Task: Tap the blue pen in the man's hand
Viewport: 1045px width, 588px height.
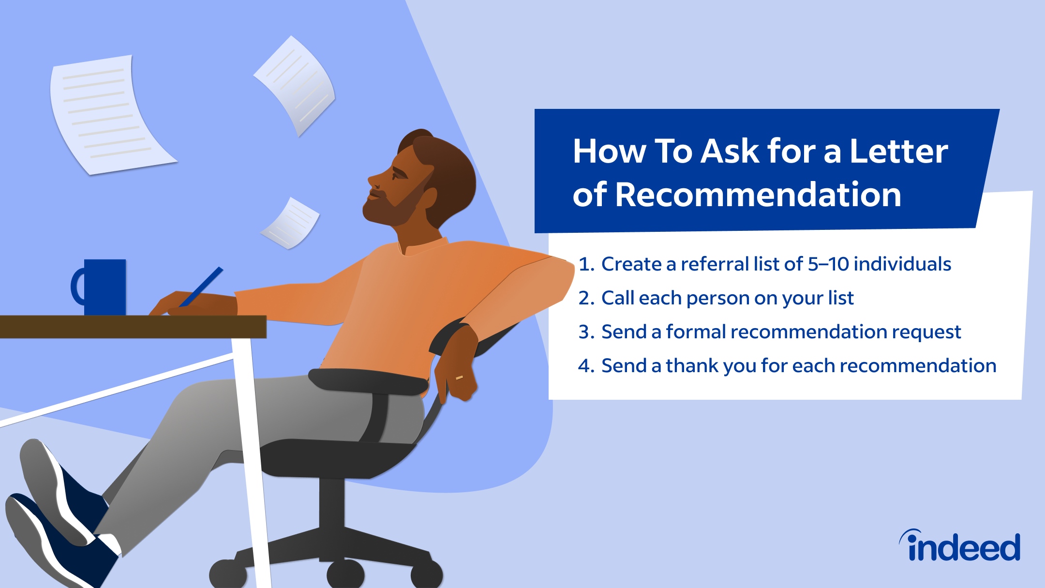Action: click(x=201, y=286)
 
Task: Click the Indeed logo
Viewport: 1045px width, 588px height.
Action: click(x=960, y=545)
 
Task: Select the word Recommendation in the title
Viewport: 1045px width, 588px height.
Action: click(x=758, y=195)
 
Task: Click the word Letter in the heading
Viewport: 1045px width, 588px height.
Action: click(x=899, y=151)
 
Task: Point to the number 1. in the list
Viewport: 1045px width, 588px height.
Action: click(x=586, y=264)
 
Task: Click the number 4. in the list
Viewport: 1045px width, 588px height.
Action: click(x=586, y=366)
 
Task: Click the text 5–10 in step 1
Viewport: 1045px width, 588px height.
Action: click(x=828, y=264)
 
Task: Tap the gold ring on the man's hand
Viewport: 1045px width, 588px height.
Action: click(x=459, y=377)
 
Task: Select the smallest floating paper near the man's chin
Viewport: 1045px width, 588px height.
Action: click(x=290, y=224)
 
